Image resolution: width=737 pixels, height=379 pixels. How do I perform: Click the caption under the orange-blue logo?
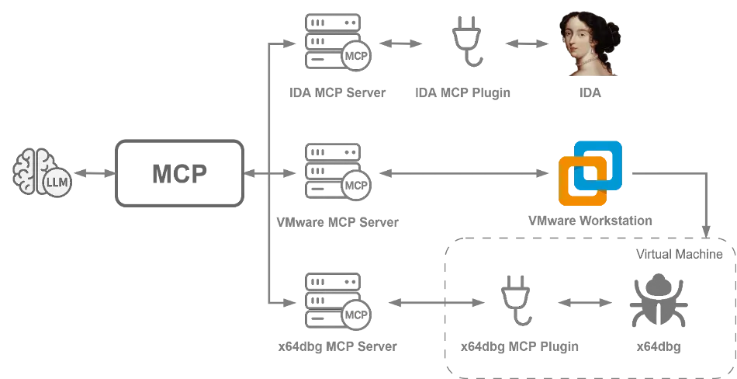pos(592,222)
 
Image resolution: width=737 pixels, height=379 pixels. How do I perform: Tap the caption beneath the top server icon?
pos(336,94)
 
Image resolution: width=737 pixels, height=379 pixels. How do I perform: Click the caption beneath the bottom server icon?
pos(336,346)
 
